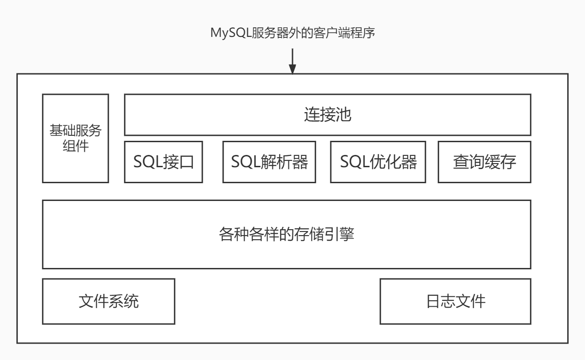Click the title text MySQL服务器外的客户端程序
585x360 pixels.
(x=292, y=33)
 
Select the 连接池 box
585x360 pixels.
(x=328, y=115)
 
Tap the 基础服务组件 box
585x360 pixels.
(x=76, y=139)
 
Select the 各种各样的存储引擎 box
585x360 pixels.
(x=287, y=234)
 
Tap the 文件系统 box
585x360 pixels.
(x=108, y=301)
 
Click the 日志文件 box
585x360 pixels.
(x=455, y=301)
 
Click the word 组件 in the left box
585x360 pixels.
(x=76, y=147)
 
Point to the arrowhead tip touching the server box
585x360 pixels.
(x=292, y=72)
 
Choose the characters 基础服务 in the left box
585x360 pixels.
(x=76, y=131)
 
